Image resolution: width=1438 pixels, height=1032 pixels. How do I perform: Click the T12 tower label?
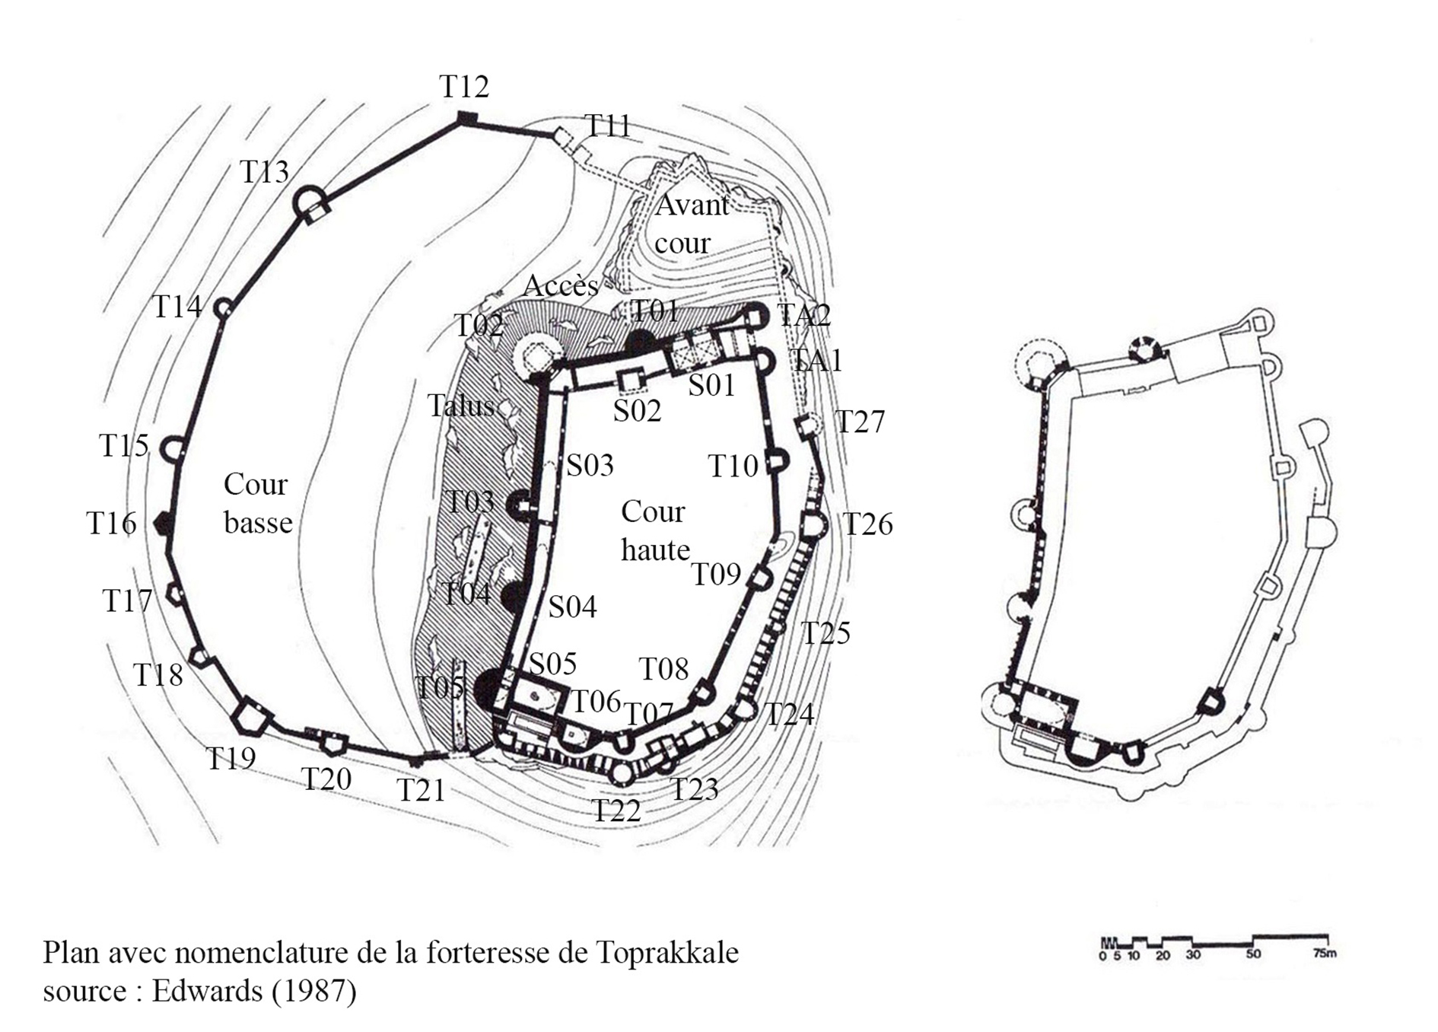[x=464, y=87]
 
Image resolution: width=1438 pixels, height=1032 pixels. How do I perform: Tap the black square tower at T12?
[x=466, y=119]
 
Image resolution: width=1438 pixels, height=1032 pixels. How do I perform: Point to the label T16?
[x=111, y=524]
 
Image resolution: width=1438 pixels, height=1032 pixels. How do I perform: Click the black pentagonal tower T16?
[x=162, y=524]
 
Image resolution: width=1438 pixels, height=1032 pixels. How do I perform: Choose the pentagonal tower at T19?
[x=252, y=716]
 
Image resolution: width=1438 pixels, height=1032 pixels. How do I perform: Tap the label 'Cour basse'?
[x=258, y=504]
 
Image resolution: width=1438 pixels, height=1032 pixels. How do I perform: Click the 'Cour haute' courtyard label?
[x=655, y=530]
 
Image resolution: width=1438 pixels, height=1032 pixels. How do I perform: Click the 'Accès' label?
[x=561, y=286]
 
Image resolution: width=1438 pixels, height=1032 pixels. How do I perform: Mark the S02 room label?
[x=637, y=411]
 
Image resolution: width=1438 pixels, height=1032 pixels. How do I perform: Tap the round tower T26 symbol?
[x=813, y=525]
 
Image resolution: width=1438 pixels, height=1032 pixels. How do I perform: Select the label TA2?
[x=803, y=315]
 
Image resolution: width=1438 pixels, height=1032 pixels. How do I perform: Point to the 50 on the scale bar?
[x=1253, y=954]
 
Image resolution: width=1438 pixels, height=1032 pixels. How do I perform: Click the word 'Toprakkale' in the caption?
[x=667, y=953]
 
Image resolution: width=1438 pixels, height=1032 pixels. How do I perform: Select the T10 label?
[x=733, y=466]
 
